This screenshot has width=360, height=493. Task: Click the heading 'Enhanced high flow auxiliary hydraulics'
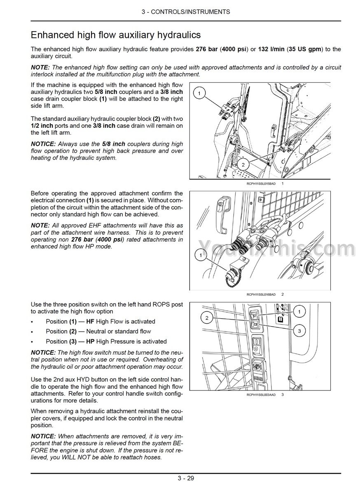pos(116,34)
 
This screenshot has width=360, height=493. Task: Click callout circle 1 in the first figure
pos(200,94)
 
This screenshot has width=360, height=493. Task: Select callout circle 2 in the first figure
pos(243,165)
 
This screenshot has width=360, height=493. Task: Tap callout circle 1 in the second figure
pos(201,256)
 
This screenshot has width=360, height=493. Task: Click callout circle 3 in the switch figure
pos(299,331)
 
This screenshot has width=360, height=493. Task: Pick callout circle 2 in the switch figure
pos(207,318)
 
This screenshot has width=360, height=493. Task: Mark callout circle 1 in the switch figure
pos(299,312)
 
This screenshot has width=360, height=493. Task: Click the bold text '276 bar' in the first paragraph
pos(207,49)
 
